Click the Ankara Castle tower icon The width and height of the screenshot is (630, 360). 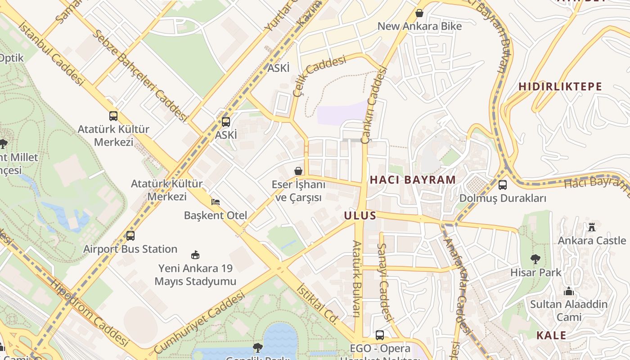tap(592, 227)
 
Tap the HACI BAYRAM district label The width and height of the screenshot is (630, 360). tap(413, 180)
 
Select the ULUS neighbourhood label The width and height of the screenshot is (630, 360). tap(360, 216)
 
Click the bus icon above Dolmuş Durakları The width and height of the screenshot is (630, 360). tap(503, 184)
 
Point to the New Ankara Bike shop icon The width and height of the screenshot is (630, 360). tap(419, 13)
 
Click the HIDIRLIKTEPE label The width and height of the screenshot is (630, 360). tap(560, 86)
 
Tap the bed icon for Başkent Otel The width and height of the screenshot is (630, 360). tap(216, 202)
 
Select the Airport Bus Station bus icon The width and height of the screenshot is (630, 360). tap(130, 235)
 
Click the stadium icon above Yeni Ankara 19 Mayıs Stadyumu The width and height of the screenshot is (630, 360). tap(195, 255)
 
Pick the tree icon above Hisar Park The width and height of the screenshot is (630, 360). tap(535, 259)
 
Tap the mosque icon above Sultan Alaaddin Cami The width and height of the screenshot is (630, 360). tap(569, 291)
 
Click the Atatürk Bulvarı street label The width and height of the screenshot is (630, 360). tap(357, 279)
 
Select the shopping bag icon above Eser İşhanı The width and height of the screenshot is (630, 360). tap(298, 171)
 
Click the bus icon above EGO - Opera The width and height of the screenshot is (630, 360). tap(380, 335)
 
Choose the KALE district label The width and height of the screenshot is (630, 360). tap(551, 335)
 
